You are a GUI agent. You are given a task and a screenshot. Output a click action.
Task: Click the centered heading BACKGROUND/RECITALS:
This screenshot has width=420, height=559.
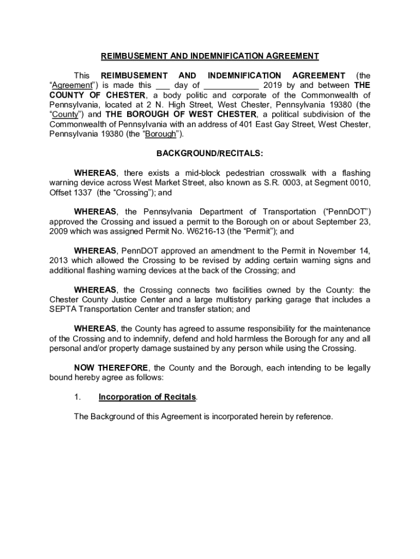point(209,153)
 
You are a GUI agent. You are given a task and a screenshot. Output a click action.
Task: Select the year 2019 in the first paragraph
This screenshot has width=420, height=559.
point(273,85)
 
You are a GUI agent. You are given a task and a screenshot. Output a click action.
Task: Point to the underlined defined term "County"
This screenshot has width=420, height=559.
point(65,115)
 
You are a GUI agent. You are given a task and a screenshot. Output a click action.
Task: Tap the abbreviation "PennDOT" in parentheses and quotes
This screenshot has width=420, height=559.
point(341,211)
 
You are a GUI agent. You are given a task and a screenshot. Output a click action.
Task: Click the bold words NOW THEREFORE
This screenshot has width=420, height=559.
point(111,368)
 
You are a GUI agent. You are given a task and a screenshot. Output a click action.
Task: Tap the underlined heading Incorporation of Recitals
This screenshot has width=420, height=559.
point(147,397)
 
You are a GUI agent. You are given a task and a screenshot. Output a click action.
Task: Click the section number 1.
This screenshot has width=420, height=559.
point(77,397)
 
